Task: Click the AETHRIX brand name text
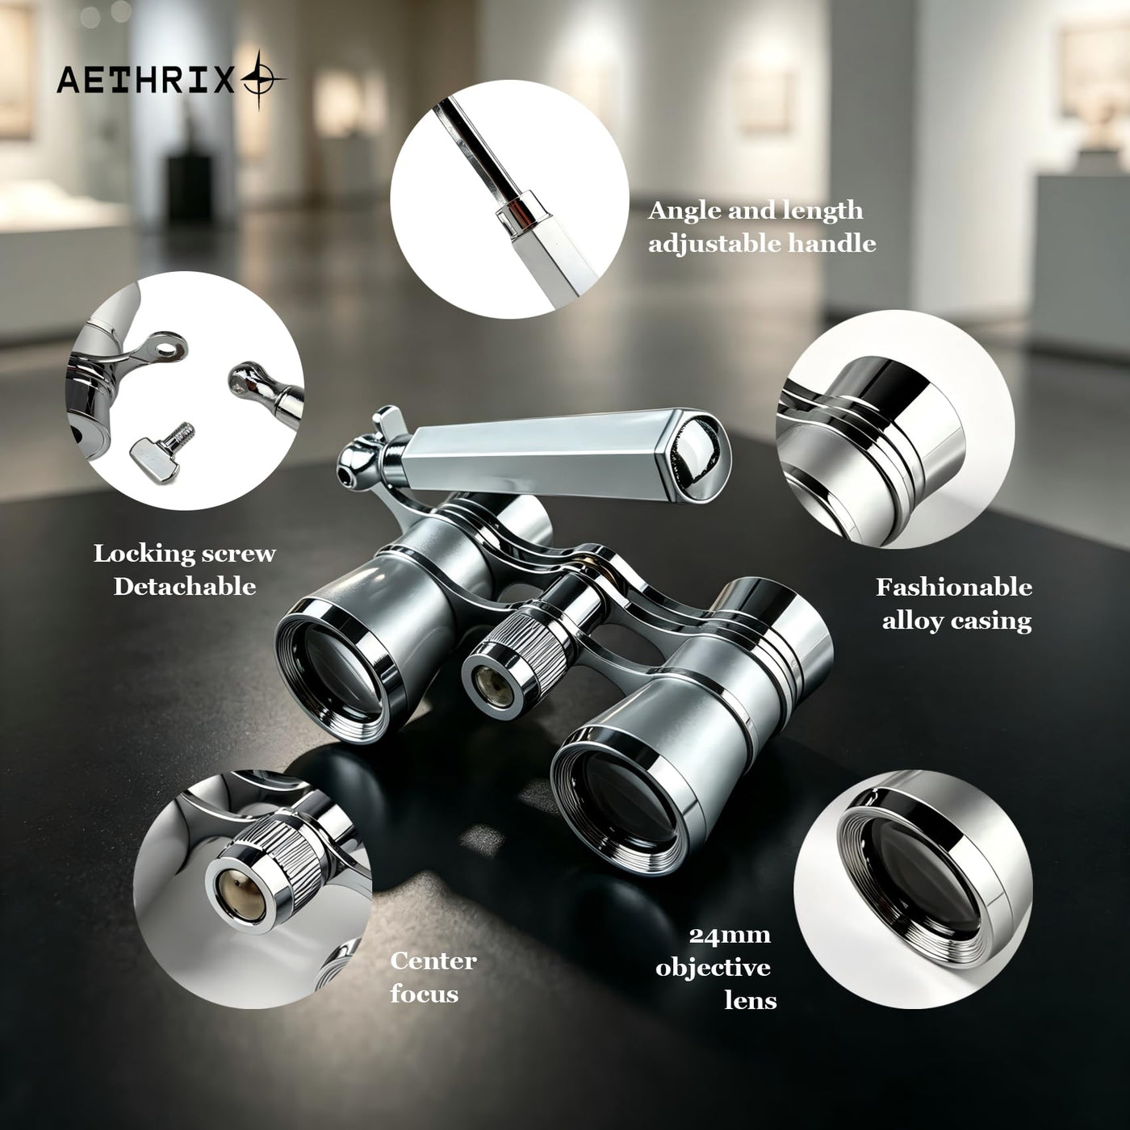(x=144, y=79)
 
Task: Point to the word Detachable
(x=185, y=587)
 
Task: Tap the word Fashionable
(x=954, y=587)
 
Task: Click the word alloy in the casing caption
(x=912, y=621)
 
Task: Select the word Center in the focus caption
(x=433, y=960)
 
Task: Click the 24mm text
(x=730, y=935)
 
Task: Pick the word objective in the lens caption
(x=713, y=969)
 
